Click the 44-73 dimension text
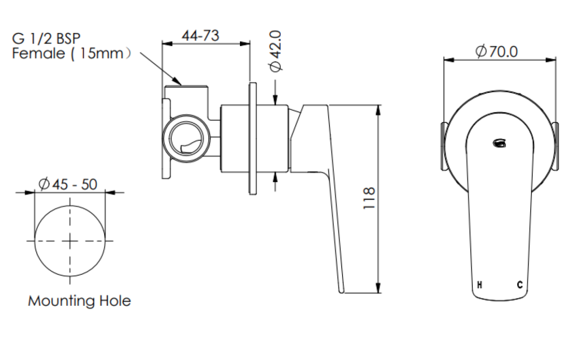pyautogui.click(x=200, y=35)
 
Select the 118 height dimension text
pyautogui.click(x=369, y=198)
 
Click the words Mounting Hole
pyautogui.click(x=79, y=301)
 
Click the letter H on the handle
pyautogui.click(x=479, y=285)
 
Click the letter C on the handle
pyautogui.click(x=519, y=285)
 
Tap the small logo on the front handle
pyautogui.click(x=498, y=142)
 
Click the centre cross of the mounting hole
pyautogui.click(x=70, y=241)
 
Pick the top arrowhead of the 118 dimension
pyautogui.click(x=378, y=108)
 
